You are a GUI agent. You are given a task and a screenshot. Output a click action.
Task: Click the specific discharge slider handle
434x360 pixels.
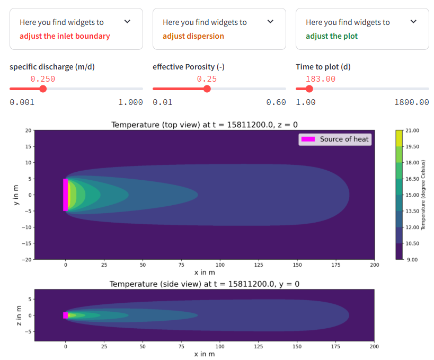coord(43,89)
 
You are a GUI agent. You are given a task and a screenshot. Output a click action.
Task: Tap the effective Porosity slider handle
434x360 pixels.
coord(207,89)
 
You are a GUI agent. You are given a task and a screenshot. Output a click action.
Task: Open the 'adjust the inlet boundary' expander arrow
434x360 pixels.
coord(127,22)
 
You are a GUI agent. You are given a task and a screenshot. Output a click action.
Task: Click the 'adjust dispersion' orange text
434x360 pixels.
coord(193,36)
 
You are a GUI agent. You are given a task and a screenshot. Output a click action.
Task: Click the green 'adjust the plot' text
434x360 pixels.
coord(331,36)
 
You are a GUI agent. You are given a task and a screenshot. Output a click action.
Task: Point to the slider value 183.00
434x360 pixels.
coord(321,78)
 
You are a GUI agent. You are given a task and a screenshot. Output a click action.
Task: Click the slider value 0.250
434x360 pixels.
coord(43,78)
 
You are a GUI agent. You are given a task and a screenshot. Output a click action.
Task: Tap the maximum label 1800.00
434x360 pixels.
coord(411,102)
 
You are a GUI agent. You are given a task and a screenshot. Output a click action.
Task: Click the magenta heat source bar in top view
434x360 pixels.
coord(65,195)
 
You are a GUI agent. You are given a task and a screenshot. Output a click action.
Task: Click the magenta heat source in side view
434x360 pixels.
coord(65,315)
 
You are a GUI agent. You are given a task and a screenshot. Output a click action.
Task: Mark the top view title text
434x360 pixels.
coord(204,125)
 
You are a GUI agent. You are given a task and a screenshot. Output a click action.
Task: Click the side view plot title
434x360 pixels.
coord(204,284)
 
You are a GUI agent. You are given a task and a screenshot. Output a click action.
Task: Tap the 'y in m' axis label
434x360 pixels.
coord(16,195)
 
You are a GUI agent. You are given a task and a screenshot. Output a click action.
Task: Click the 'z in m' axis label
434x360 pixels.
coord(19,315)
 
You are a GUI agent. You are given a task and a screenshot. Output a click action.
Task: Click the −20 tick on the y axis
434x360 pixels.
coord(26,259)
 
